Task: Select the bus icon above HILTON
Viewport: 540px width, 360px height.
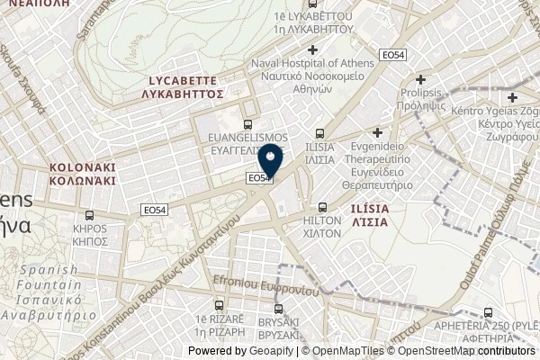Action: point(323,205)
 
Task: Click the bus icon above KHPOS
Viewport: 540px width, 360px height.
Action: point(88,216)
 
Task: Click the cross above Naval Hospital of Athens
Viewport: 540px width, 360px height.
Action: point(312,49)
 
